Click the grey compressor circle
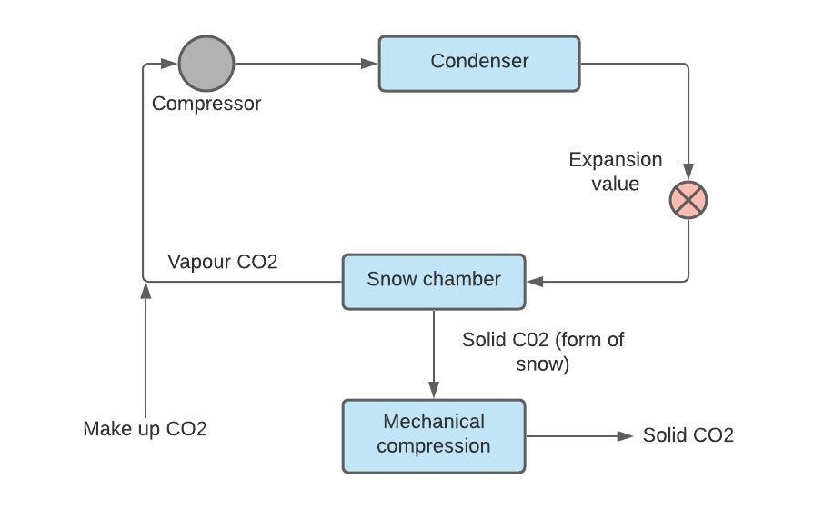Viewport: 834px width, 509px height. click(x=206, y=64)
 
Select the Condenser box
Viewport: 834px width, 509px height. click(x=479, y=63)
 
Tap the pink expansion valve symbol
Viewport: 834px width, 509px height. click(x=688, y=200)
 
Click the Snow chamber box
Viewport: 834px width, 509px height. click(x=434, y=281)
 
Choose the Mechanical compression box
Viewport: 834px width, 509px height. click(x=434, y=435)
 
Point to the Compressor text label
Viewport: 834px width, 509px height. click(x=206, y=104)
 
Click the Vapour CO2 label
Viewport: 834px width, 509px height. click(x=223, y=262)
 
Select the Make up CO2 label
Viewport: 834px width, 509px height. click(x=146, y=429)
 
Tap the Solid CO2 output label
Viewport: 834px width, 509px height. click(x=688, y=435)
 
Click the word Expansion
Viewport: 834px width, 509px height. click(x=616, y=160)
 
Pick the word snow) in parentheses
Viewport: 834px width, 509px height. click(x=543, y=364)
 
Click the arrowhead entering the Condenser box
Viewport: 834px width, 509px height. click(x=369, y=64)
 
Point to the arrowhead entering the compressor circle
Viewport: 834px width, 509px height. click(x=169, y=64)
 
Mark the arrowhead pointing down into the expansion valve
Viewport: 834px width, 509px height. click(x=688, y=172)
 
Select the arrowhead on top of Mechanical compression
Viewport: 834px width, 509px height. click(x=434, y=390)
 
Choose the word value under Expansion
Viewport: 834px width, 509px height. click(x=616, y=184)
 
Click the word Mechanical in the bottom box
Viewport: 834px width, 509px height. click(x=434, y=422)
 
